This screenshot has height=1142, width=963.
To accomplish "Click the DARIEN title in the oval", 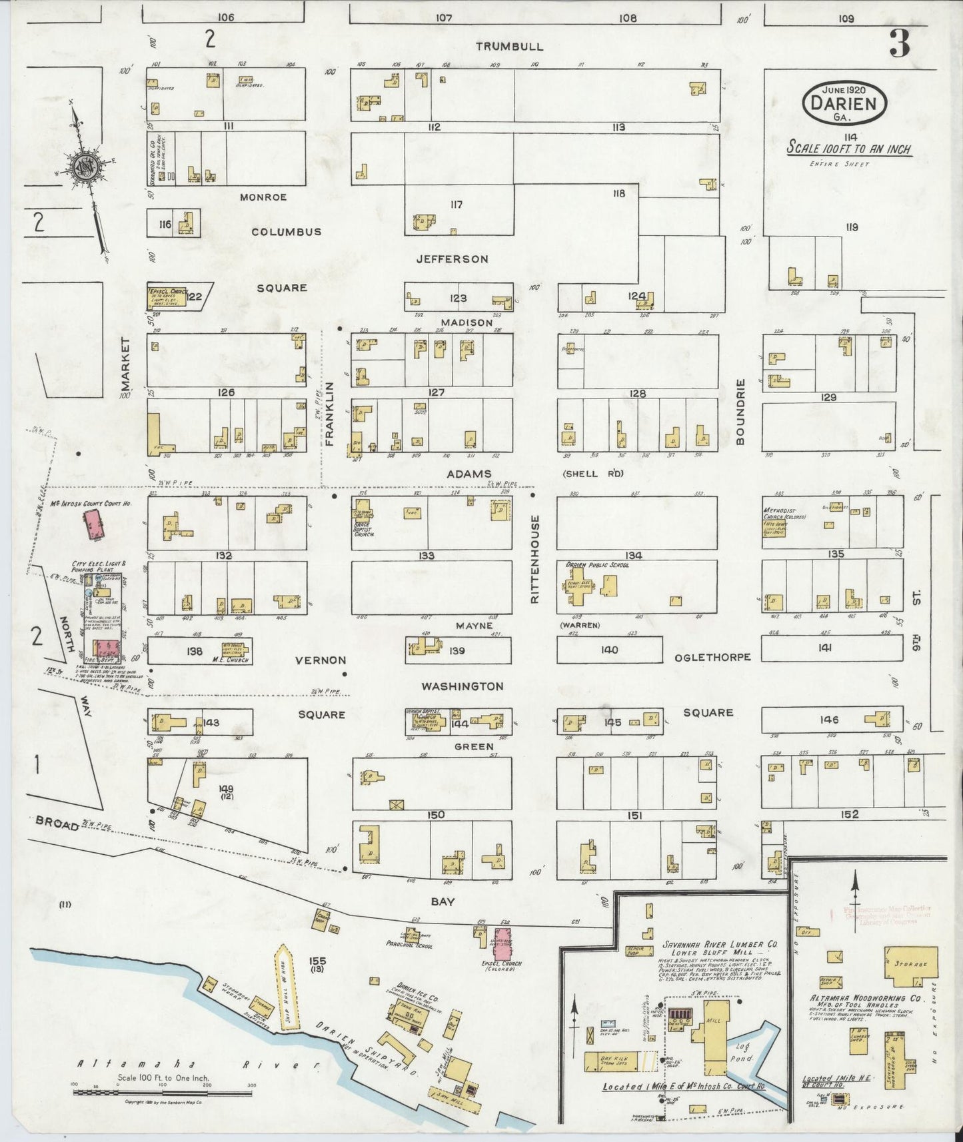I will [845, 103].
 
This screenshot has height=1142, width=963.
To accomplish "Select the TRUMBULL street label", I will [509, 47].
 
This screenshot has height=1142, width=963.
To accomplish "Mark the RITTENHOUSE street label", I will [534, 559].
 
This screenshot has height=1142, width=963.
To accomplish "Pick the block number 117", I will [455, 205].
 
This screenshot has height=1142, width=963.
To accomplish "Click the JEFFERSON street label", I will [453, 259].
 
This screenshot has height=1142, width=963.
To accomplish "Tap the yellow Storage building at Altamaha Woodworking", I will [910, 965].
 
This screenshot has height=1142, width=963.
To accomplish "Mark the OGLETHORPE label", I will [712, 656].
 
